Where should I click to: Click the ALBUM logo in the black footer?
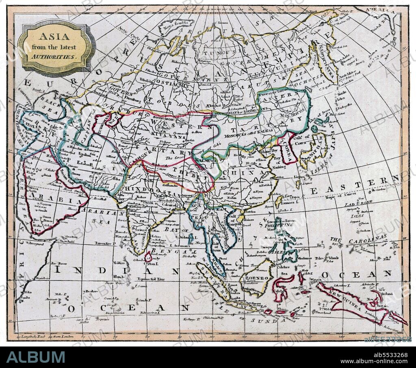pos(36,357)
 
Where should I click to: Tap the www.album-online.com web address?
pos(374,361)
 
